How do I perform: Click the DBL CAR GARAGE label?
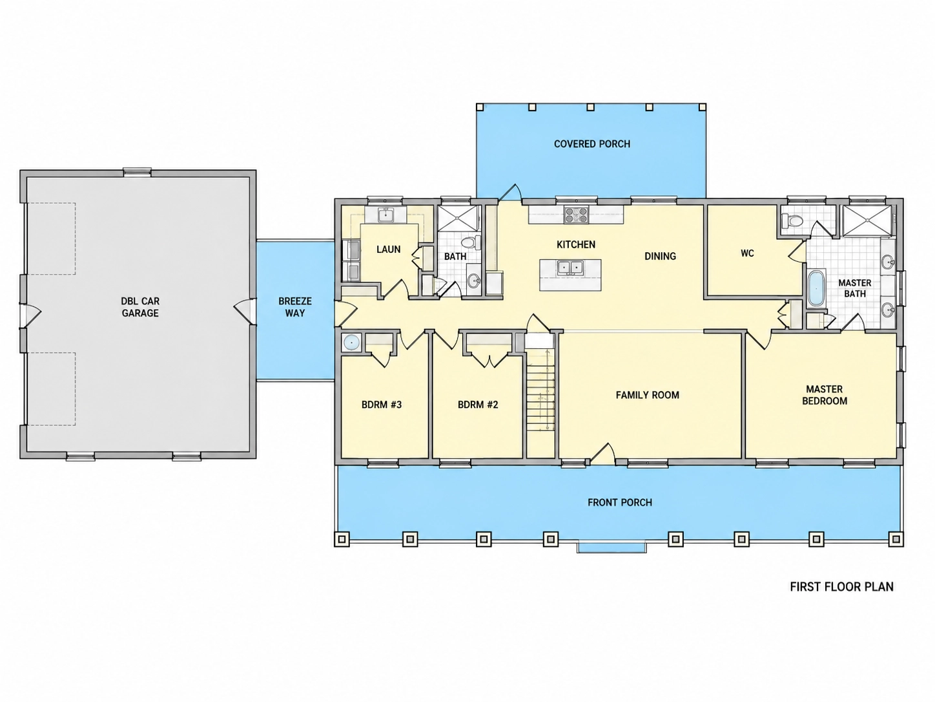click(x=140, y=307)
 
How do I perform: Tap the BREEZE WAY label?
click(x=294, y=307)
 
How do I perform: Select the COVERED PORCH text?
click(x=592, y=144)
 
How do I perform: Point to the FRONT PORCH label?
click(x=620, y=502)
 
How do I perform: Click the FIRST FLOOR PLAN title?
click(x=842, y=587)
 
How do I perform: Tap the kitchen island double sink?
click(x=570, y=268)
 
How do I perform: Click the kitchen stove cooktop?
click(x=577, y=215)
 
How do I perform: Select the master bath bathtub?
click(x=816, y=288)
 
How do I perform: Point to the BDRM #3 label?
click(x=381, y=405)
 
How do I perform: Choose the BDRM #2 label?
click(x=478, y=405)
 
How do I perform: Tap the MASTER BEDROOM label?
click(x=825, y=395)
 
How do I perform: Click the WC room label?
click(x=747, y=253)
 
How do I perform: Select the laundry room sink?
click(x=386, y=215)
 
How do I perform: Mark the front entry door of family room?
click(x=602, y=454)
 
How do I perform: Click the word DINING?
click(x=661, y=256)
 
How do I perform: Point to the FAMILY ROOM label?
click(x=648, y=395)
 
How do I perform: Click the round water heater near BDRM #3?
click(x=351, y=342)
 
